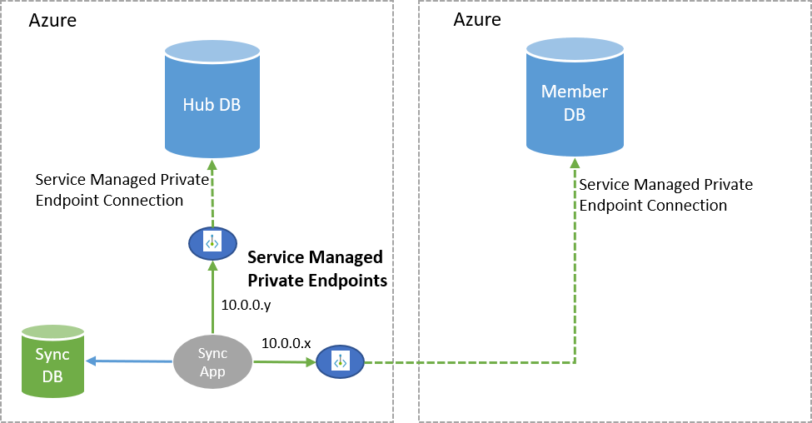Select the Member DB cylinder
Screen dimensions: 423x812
click(574, 103)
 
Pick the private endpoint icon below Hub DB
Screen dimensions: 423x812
click(212, 242)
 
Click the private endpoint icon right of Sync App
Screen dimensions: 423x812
click(340, 362)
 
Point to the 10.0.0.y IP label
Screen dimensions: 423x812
click(246, 305)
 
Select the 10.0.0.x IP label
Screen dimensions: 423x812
click(286, 342)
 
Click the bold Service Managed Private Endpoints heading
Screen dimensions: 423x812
click(317, 268)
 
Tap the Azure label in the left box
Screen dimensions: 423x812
click(52, 21)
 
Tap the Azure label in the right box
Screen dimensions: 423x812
click(476, 20)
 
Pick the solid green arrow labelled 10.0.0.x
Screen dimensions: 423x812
click(283, 361)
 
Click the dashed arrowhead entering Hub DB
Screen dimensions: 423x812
click(212, 165)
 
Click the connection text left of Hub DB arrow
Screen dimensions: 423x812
click(109, 190)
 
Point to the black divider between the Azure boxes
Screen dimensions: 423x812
click(406, 211)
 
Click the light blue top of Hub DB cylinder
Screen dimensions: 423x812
click(212, 50)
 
